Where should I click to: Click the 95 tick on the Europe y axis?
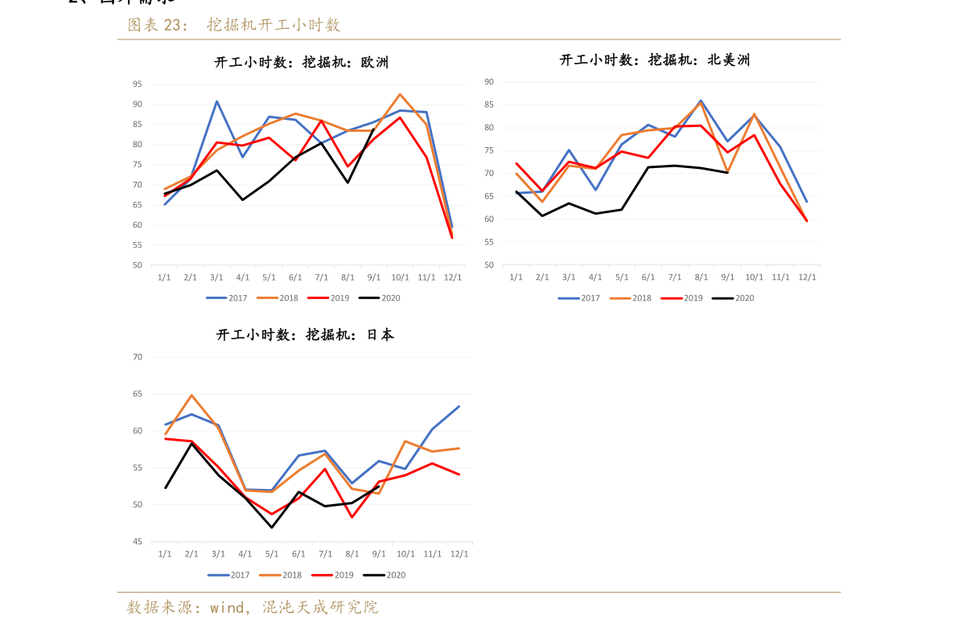coord(137,84)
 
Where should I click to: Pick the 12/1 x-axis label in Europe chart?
coord(453,277)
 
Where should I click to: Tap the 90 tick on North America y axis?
coord(489,81)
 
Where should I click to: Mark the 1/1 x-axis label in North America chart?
coord(516,277)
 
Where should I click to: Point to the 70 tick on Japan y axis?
coord(137,357)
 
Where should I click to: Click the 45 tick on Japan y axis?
coord(137,542)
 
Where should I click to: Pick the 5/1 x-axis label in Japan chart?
coord(272,554)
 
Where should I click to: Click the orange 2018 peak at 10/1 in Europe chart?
coord(400,94)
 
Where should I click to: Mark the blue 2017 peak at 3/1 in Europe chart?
coord(216,101)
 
